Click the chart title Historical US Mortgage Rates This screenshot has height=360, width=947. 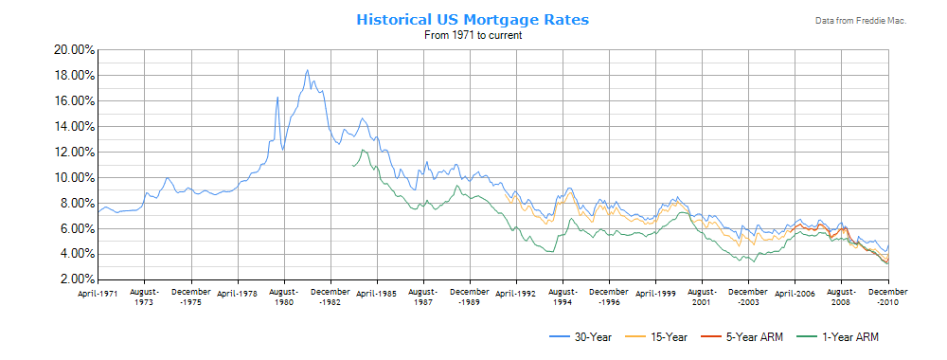(473, 19)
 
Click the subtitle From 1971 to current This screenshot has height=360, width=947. (473, 35)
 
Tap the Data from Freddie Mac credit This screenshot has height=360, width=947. (860, 21)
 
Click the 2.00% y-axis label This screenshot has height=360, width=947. (73, 279)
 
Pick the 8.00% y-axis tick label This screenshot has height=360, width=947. (73, 203)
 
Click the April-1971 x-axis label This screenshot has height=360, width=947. (98, 294)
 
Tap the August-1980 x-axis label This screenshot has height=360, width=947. (283, 298)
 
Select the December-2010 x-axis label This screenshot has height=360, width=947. (888, 298)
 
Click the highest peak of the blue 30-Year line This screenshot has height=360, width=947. (307, 70)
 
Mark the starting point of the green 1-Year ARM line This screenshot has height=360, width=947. (352, 166)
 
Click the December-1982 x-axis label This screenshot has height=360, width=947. (331, 298)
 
